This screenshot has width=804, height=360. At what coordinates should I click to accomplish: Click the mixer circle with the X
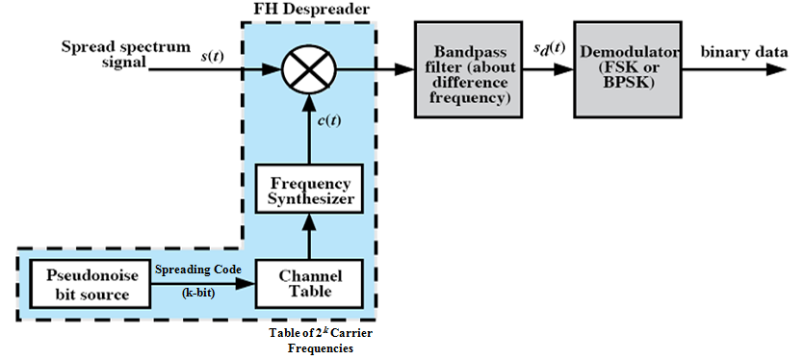304,68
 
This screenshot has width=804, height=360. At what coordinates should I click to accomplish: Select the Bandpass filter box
465,69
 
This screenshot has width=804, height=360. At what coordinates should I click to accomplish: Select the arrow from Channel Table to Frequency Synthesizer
304,236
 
